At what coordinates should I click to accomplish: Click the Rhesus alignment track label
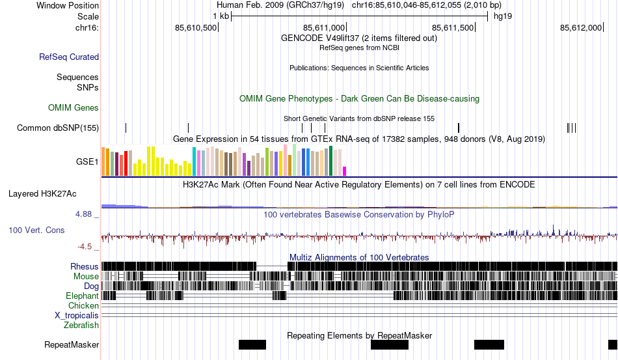[x=85, y=266]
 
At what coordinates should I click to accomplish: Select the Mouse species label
[x=86, y=276]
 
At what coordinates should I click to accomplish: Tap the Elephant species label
[x=82, y=296]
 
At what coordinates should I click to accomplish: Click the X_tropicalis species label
[x=77, y=315]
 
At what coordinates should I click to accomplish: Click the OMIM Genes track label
[x=74, y=107]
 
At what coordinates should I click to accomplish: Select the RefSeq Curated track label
[x=69, y=57]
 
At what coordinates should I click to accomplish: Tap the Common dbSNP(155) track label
[x=58, y=128]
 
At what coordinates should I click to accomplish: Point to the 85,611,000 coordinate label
[x=324, y=27]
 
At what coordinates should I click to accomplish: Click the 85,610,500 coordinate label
[x=196, y=27]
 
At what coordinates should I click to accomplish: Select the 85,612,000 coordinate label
[x=581, y=27]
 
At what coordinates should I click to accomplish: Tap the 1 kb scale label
[x=221, y=16]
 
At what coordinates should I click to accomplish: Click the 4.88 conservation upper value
[x=86, y=214]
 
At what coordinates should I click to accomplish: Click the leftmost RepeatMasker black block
[x=252, y=344]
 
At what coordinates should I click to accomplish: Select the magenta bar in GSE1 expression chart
[x=345, y=171]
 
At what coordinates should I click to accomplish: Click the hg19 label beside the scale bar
[x=503, y=16]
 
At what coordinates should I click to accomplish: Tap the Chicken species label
[x=83, y=305]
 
